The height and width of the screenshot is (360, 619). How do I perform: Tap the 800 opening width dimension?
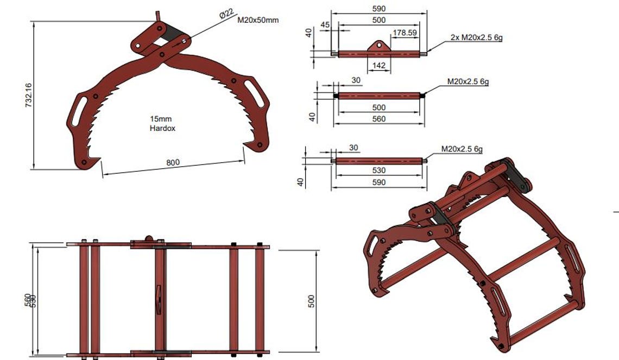point(173,163)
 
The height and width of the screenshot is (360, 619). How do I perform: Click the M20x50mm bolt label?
point(258,20)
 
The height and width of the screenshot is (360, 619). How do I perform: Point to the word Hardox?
point(162,129)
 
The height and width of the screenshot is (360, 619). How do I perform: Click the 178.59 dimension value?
point(405,33)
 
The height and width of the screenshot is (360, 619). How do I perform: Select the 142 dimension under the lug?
point(379,66)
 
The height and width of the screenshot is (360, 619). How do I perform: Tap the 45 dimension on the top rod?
point(325,25)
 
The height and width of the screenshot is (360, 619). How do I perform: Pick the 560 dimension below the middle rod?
point(378,119)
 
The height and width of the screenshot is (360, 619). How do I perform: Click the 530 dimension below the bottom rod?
point(379,170)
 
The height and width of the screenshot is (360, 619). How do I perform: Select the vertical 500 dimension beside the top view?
point(311,301)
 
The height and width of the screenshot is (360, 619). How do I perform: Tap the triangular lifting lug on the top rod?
point(379,46)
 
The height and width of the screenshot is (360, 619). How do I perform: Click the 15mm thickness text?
point(162,118)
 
